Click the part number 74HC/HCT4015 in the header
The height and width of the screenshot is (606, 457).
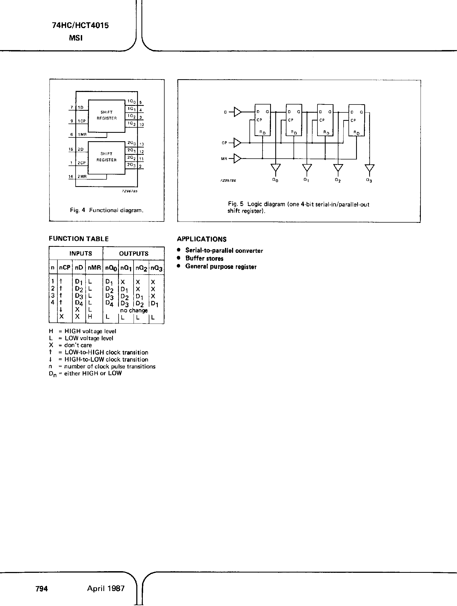(80, 26)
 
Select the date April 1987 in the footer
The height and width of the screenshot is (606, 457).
(106, 588)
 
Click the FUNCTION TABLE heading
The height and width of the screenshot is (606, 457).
(79, 239)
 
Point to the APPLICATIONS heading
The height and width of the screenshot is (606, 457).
(202, 239)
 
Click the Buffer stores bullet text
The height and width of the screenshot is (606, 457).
(204, 258)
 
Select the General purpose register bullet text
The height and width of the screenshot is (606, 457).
(221, 267)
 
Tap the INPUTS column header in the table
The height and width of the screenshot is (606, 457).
(81, 253)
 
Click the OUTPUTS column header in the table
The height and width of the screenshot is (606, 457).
(134, 253)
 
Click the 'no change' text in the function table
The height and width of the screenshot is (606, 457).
(134, 310)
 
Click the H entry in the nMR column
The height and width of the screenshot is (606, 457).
(90, 317)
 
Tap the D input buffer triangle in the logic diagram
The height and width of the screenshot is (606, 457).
(237, 112)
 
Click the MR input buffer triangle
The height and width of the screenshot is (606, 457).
(237, 158)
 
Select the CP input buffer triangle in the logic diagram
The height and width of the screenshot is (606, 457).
(237, 143)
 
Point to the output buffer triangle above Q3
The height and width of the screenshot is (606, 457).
(369, 167)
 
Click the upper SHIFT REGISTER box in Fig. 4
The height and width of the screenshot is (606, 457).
(106, 115)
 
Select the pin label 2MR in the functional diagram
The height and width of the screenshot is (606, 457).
(82, 177)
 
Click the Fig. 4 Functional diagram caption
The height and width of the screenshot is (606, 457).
(107, 210)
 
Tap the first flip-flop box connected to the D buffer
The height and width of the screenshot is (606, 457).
(263, 120)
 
